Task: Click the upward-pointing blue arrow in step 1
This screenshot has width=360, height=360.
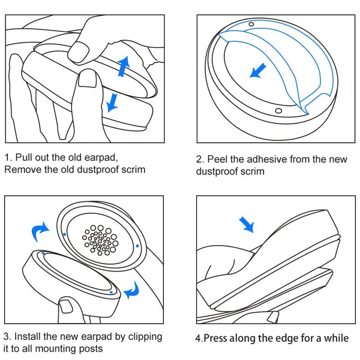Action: coord(123,66)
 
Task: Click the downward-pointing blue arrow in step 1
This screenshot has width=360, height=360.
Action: coord(112,101)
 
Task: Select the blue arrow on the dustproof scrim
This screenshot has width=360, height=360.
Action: coord(258,71)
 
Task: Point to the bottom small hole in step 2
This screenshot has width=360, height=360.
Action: coord(278,111)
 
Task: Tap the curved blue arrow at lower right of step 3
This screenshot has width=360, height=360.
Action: coord(132,290)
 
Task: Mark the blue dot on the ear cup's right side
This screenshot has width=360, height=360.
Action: coord(137,246)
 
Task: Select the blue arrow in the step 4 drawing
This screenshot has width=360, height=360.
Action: coord(247,223)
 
